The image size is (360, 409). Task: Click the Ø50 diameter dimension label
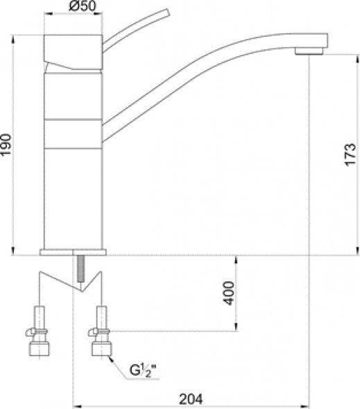click(x=83, y=6)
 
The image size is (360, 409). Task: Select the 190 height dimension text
click(x=6, y=144)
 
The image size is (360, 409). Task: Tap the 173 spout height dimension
click(x=350, y=154)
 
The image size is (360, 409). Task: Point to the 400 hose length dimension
click(x=229, y=293)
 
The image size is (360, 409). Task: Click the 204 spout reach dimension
click(x=191, y=399)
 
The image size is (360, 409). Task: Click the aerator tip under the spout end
click(x=309, y=51)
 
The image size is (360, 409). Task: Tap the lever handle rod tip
click(x=166, y=13)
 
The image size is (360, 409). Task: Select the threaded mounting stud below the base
click(x=80, y=269)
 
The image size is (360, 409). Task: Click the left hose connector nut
click(x=39, y=349)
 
